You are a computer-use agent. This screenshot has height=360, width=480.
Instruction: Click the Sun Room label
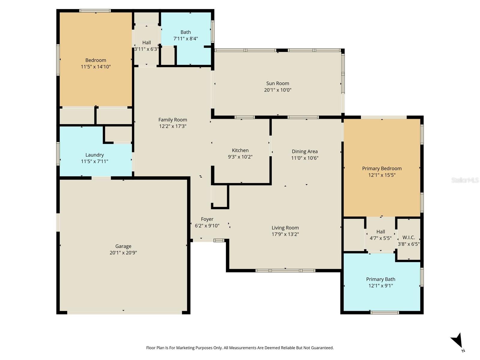[277, 83]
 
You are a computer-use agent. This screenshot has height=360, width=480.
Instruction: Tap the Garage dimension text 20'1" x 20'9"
[123, 253]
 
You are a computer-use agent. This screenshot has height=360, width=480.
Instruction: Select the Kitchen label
[240, 150]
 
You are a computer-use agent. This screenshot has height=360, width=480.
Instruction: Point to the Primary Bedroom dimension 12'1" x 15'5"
[382, 175]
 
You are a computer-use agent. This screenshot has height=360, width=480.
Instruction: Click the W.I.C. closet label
[409, 237]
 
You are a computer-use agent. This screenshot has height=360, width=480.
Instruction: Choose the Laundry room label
[94, 155]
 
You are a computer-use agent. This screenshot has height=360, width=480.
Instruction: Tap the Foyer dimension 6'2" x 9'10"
[207, 226]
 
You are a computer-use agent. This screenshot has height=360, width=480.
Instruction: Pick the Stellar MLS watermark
[465, 180]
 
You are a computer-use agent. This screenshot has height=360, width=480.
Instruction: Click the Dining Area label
[304, 151]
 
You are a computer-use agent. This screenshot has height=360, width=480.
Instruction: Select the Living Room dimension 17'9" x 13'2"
[285, 234]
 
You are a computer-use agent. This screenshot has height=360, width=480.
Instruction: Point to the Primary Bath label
[380, 279]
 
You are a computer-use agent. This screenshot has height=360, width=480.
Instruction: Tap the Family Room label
[172, 120]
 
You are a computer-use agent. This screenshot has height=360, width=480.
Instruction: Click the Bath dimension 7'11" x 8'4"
[185, 38]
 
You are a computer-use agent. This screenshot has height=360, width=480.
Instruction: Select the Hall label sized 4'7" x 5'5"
[380, 232]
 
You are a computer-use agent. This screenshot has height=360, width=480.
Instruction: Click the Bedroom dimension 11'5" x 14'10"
[96, 67]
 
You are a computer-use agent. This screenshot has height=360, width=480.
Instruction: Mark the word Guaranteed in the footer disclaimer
[322, 348]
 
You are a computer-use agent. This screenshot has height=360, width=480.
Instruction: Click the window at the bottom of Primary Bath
[384, 313]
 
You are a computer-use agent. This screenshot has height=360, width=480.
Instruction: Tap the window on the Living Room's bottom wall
[285, 271]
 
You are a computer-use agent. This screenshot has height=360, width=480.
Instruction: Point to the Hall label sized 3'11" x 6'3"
[146, 42]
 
